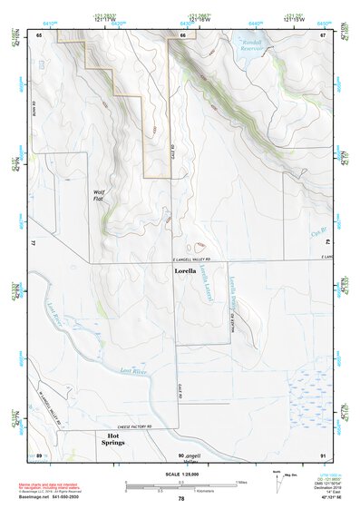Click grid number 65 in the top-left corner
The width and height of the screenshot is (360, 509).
[x=40, y=34]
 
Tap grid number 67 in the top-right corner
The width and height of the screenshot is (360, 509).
[x=323, y=34]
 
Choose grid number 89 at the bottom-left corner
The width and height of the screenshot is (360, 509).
[x=40, y=453]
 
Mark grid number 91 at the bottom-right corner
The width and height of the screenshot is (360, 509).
[x=323, y=453]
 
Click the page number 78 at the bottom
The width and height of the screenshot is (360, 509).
[x=180, y=498]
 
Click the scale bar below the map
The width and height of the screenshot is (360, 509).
[x=180, y=484]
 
